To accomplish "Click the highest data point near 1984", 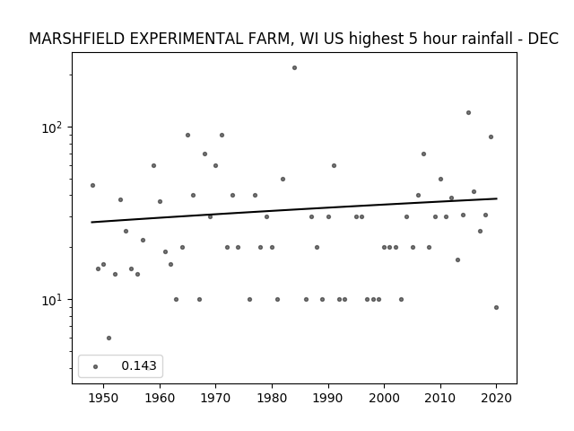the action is point(294,68).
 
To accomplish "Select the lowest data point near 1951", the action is point(109,338).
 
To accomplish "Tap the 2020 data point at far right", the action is point(496,307).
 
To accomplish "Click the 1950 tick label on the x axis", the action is point(104,398).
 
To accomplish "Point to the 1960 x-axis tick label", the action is point(160,398).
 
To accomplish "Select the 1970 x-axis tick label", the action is point(215,398).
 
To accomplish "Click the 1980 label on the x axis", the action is point(272,398).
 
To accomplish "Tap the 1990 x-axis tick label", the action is point(328,398).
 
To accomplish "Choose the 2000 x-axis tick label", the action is point(385,398).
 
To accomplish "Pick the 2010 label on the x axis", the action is point(440,398).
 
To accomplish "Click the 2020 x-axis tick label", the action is point(496,398).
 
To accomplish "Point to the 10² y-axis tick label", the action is point(52,128).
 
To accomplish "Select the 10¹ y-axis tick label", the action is point(52,300).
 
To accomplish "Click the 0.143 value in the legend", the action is point(139,365).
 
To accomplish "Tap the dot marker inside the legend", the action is point(96,366).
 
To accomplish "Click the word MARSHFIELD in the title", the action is point(77,39).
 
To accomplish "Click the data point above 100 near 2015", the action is point(468,113).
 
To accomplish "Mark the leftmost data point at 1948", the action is point(92,186).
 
